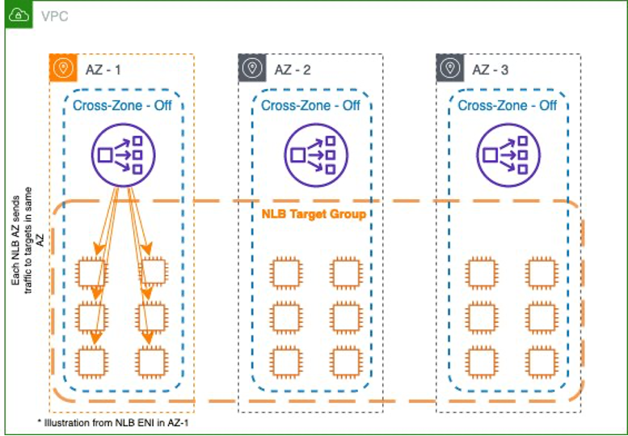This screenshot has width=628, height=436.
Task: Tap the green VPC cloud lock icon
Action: tap(19, 15)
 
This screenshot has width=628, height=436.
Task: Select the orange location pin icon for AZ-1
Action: tap(62, 69)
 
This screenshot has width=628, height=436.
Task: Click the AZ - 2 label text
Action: tap(293, 70)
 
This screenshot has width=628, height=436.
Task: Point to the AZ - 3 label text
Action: tap(489, 70)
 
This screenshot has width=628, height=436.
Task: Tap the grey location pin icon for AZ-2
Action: tap(252, 69)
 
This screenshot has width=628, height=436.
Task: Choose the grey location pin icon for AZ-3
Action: tap(449, 69)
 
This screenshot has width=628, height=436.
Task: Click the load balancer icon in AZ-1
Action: tap(122, 153)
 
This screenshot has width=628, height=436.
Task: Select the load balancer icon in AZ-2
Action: tap(310, 153)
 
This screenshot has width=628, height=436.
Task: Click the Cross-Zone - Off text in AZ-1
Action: tap(122, 105)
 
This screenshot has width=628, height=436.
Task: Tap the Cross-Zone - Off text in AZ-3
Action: tap(507, 105)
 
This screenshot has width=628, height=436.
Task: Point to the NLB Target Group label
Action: tap(314, 214)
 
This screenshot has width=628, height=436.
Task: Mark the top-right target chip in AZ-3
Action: tap(542, 273)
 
